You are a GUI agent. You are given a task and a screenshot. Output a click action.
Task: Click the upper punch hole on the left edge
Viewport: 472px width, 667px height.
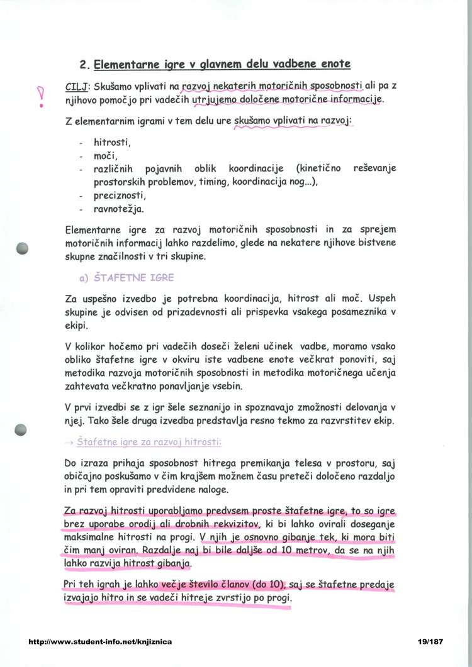[x=23, y=248]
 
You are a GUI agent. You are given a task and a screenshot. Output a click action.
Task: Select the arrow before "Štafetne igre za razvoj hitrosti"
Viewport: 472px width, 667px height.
[x=69, y=443]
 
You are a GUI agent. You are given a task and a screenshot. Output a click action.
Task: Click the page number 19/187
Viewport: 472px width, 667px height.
[x=430, y=642]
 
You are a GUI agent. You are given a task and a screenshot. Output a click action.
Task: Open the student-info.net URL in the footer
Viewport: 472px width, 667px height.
[x=101, y=642]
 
